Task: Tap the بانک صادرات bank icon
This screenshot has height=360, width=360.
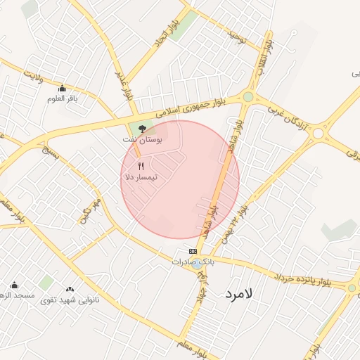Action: pyautogui.click(x=193, y=251)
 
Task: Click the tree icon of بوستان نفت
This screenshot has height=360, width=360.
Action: pyautogui.click(x=143, y=129)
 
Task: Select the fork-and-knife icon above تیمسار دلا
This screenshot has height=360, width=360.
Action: pyautogui.click(x=141, y=166)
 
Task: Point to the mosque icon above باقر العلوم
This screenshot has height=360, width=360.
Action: pyautogui.click(x=62, y=88)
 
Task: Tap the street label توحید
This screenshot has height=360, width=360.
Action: pyautogui.click(x=236, y=35)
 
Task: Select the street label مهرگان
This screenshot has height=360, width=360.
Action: pyautogui.click(x=91, y=210)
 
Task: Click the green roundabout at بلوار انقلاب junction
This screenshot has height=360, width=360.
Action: pyautogui.click(x=248, y=97)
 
